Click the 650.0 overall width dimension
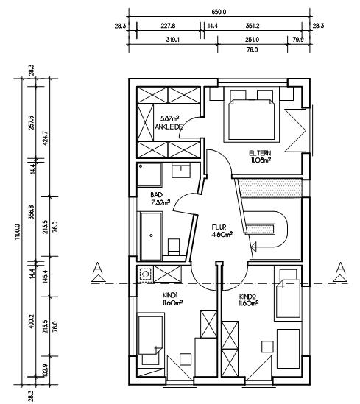tap(219, 12)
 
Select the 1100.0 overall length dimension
tap(18, 232)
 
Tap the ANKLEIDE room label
tap(169, 127)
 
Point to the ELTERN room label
tap(260, 153)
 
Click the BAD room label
tap(156, 195)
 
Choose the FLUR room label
tap(219, 227)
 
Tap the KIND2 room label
tap(247, 297)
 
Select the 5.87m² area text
tap(169, 118)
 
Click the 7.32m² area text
tap(160, 202)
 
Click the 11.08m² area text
tap(261, 160)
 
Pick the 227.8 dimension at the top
tap(168, 26)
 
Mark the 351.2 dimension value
tap(253, 26)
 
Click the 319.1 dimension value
tap(173, 40)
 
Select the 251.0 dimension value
tap(253, 40)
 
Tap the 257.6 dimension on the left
tap(31, 123)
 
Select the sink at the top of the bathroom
tap(181, 170)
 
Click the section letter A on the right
tap(341, 268)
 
